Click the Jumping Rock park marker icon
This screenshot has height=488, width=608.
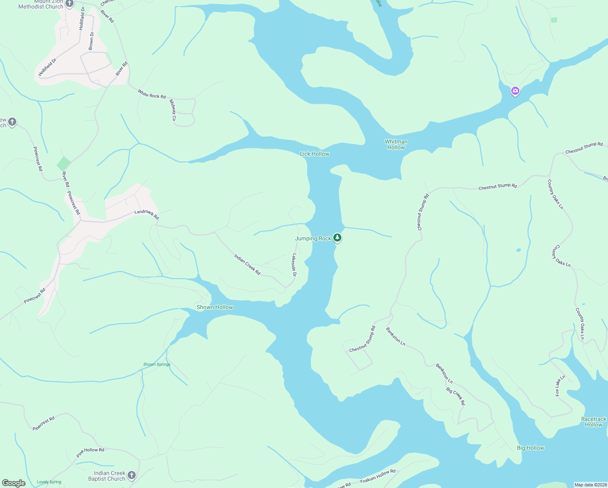(x=337, y=237)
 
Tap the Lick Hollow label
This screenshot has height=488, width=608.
(x=314, y=154)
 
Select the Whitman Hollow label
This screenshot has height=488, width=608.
(x=396, y=144)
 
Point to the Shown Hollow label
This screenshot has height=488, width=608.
(x=215, y=307)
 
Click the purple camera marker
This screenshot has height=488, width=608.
(x=515, y=91)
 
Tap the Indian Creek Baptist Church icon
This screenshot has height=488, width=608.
(x=131, y=475)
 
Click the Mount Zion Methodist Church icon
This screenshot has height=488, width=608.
(x=69, y=4)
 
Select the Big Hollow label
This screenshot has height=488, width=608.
(x=530, y=448)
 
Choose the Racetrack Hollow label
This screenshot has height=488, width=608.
(x=593, y=422)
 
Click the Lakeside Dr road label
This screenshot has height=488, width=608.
(x=294, y=265)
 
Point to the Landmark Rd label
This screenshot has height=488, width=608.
(x=147, y=214)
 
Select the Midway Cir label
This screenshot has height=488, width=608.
(x=173, y=110)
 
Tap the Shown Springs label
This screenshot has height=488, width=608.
(x=157, y=364)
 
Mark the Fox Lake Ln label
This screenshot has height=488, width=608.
(x=560, y=386)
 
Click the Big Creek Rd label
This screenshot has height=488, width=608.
(x=455, y=396)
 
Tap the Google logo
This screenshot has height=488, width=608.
(x=14, y=483)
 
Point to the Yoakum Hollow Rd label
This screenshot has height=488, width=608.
(x=377, y=476)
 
